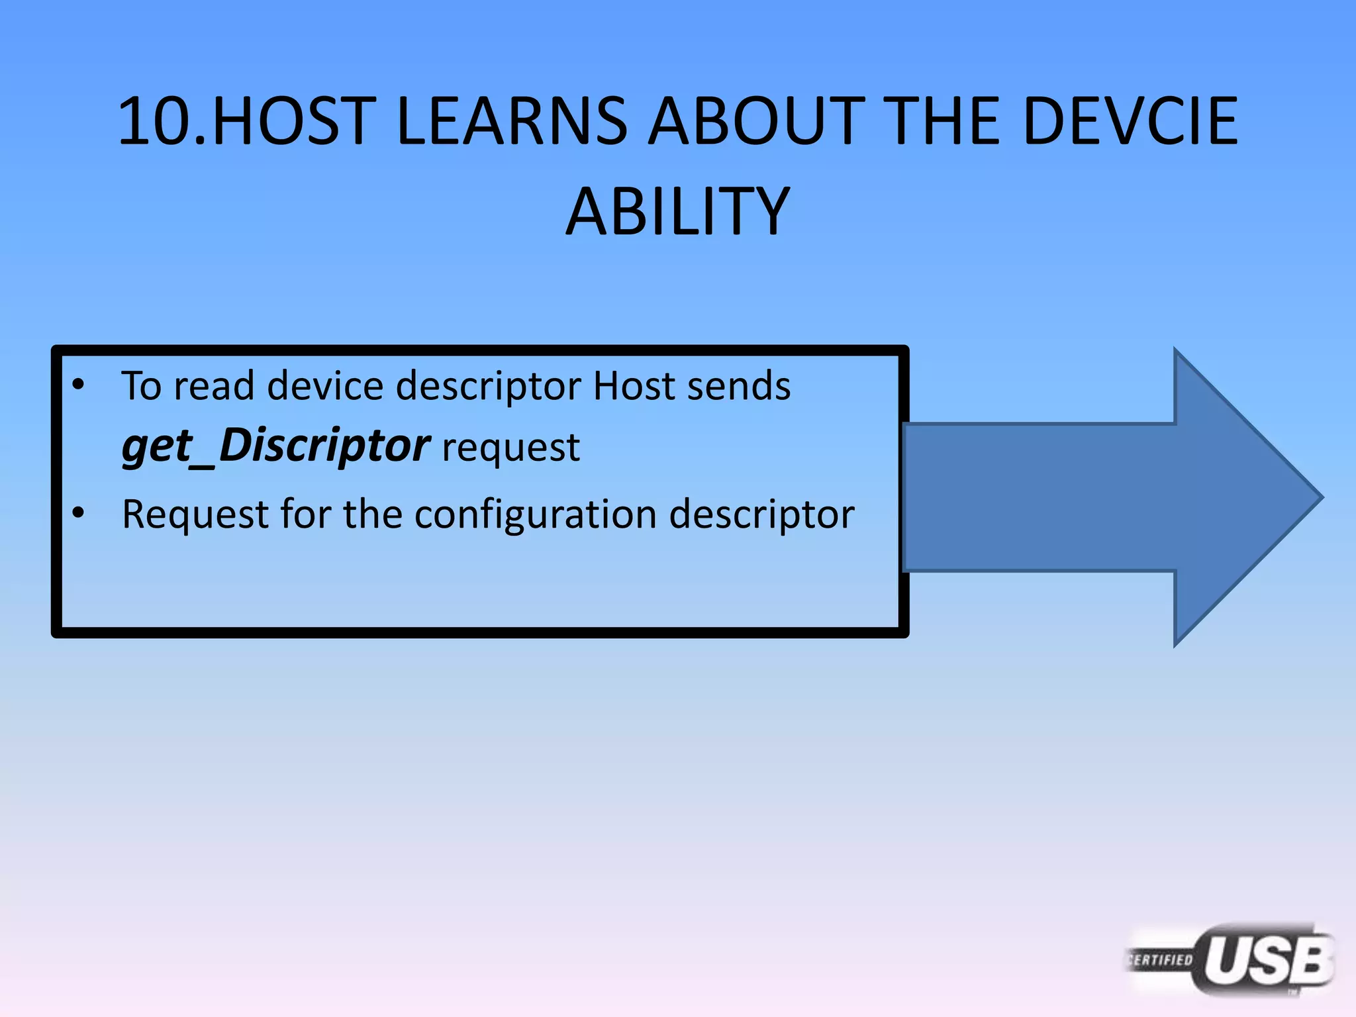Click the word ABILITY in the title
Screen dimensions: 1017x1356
(677, 212)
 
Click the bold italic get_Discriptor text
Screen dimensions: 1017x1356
(276, 446)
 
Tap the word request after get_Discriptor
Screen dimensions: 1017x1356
(510, 448)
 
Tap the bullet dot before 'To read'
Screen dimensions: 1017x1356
(78, 385)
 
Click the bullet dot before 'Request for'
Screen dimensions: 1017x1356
(78, 513)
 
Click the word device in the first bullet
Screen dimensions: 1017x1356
(324, 385)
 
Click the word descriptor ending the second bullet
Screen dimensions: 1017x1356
(761, 514)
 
